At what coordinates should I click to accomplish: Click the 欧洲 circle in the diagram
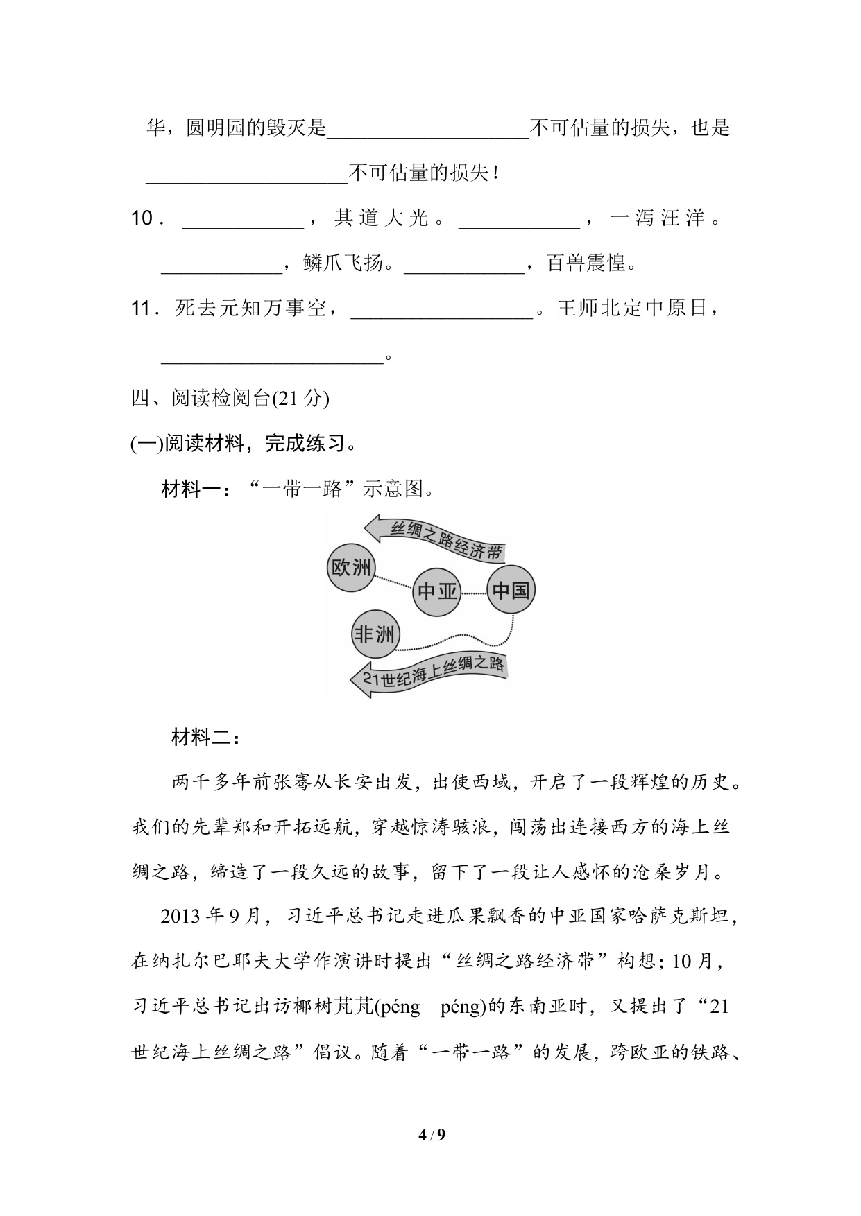point(351,568)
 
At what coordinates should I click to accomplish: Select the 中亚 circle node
point(437,591)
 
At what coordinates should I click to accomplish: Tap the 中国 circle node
point(511,590)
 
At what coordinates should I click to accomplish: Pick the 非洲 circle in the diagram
point(375,634)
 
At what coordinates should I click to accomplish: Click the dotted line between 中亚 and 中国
point(474,593)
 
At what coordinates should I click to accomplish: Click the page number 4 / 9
point(431,1135)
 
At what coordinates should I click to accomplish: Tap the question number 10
point(146,219)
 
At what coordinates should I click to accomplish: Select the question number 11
point(145,309)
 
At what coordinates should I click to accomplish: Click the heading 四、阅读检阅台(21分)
point(230,399)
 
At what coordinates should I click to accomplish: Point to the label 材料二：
point(206,738)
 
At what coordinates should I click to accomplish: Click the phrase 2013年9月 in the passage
point(210,917)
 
